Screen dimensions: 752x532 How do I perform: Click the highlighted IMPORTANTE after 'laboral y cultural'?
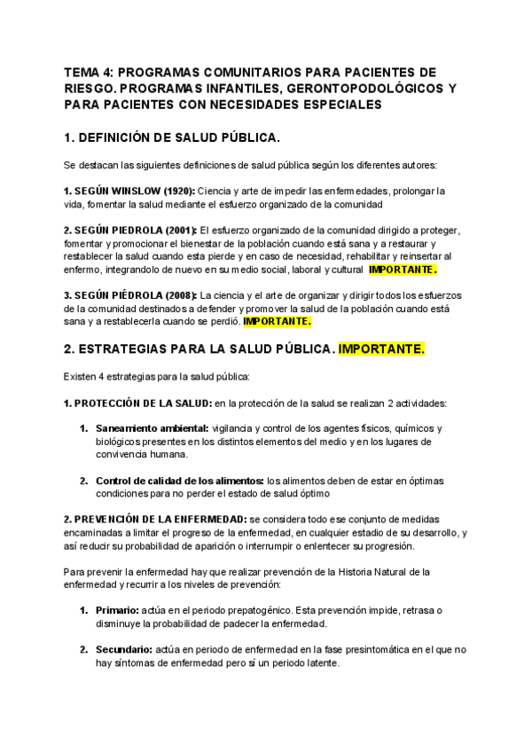[x=403, y=269]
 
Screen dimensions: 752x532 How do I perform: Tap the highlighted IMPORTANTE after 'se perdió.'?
[x=278, y=321]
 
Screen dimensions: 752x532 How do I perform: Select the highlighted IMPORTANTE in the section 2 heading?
[x=382, y=349]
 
